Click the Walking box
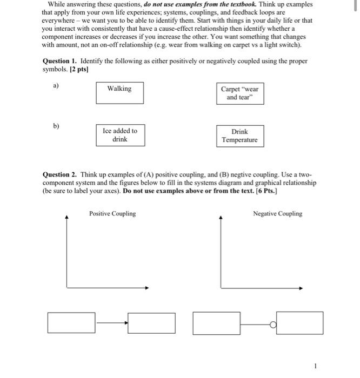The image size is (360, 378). (x=119, y=92)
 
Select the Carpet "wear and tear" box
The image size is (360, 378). (x=239, y=93)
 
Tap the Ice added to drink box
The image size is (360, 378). (x=120, y=135)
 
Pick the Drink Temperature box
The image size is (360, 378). (x=240, y=136)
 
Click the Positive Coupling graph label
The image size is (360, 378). (x=112, y=214)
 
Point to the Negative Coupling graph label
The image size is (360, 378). (x=277, y=214)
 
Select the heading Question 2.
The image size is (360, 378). (x=59, y=175)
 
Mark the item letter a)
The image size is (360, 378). (x=56, y=85)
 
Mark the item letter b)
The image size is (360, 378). (x=56, y=126)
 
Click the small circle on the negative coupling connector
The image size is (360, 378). (x=273, y=324)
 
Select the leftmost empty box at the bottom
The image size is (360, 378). (x=72, y=323)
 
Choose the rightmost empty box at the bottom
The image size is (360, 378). (x=299, y=323)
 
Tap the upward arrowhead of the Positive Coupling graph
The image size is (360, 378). (x=66, y=218)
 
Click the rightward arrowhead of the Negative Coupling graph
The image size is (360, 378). (x=301, y=287)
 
